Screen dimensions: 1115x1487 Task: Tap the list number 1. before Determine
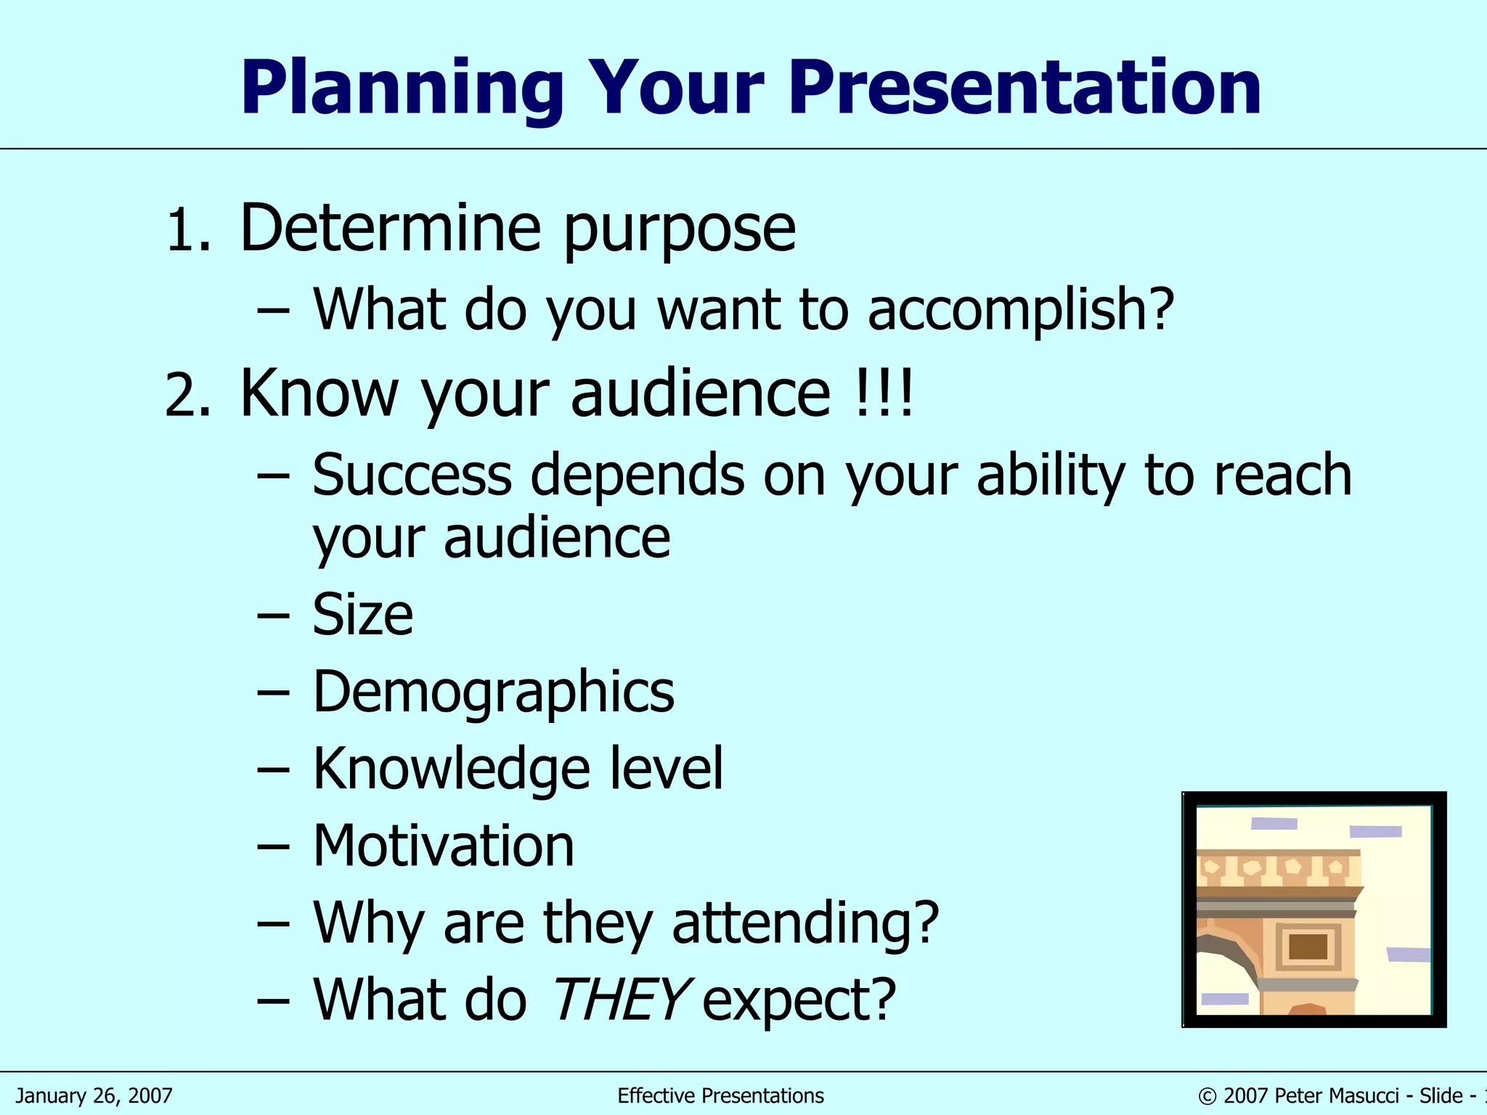[x=188, y=231]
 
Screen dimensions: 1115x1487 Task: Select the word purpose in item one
[x=680, y=231]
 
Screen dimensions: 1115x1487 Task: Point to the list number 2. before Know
[x=188, y=396]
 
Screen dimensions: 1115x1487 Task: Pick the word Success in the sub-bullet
[x=412, y=475]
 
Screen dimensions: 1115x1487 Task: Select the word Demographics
[x=493, y=693]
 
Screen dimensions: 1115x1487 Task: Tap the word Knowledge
[x=451, y=769]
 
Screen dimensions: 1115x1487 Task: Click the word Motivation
[x=443, y=846]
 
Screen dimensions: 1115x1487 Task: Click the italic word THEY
[x=619, y=999]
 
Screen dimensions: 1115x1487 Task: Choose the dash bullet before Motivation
[x=273, y=847]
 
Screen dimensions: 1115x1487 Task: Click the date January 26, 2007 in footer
[x=94, y=1095]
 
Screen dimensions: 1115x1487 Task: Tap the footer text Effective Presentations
[x=720, y=1095]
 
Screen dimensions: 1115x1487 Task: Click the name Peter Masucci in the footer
[x=1336, y=1095]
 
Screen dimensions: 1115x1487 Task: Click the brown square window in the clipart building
[x=1308, y=947]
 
